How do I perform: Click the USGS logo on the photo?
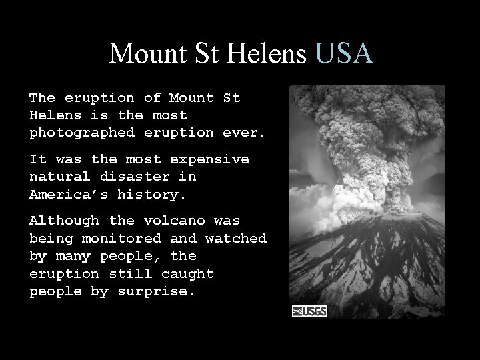(x=309, y=311)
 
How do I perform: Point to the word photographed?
(x=82, y=133)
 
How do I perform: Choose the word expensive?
(x=209, y=159)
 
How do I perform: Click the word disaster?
(x=148, y=177)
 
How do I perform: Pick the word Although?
(x=64, y=221)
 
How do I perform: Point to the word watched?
(x=236, y=238)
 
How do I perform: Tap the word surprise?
(x=157, y=291)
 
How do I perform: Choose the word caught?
(x=187, y=274)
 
